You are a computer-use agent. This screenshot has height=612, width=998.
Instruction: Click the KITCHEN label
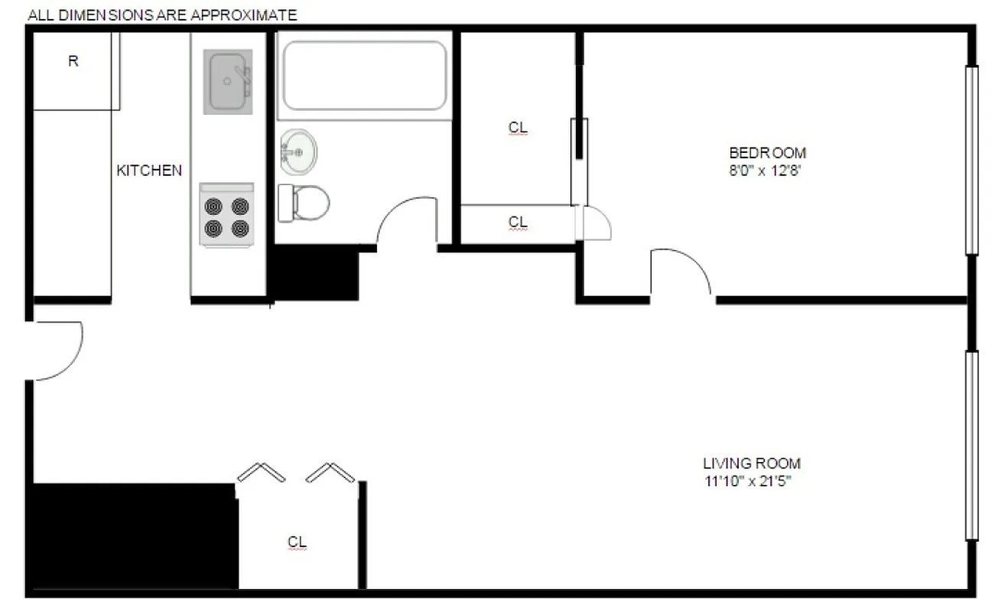(149, 171)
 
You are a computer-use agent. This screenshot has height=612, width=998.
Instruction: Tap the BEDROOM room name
(766, 152)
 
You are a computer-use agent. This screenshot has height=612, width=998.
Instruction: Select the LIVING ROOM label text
(751, 464)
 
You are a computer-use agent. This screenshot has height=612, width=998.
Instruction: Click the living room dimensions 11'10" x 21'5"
(751, 482)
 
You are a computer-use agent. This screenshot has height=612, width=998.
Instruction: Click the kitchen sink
(227, 81)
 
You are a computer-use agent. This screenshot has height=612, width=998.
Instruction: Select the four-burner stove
(226, 216)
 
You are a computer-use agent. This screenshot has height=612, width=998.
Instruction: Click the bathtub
(364, 75)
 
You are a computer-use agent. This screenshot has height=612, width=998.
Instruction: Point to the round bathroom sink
(297, 151)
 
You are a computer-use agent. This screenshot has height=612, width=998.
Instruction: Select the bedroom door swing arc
(682, 270)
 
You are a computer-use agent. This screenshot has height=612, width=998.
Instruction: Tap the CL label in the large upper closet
(518, 129)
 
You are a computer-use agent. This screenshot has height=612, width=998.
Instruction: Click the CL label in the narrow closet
(518, 222)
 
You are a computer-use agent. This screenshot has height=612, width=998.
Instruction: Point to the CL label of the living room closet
(297, 542)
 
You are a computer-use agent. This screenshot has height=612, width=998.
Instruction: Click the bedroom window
(971, 160)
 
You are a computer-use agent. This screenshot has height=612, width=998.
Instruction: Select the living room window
(971, 445)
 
